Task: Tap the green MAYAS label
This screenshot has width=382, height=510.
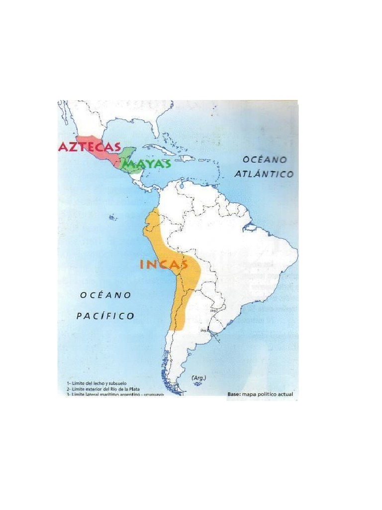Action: click(x=147, y=164)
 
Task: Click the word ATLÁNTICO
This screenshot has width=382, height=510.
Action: click(x=264, y=174)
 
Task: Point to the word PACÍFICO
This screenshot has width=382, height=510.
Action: click(x=105, y=316)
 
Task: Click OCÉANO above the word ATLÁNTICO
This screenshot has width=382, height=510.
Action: click(x=265, y=159)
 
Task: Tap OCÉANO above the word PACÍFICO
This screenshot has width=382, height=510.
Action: click(x=105, y=295)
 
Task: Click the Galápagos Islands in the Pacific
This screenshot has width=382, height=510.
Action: click(x=112, y=217)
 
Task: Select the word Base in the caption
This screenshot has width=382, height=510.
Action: click(x=234, y=394)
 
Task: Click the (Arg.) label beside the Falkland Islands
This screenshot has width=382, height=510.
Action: click(x=198, y=378)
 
